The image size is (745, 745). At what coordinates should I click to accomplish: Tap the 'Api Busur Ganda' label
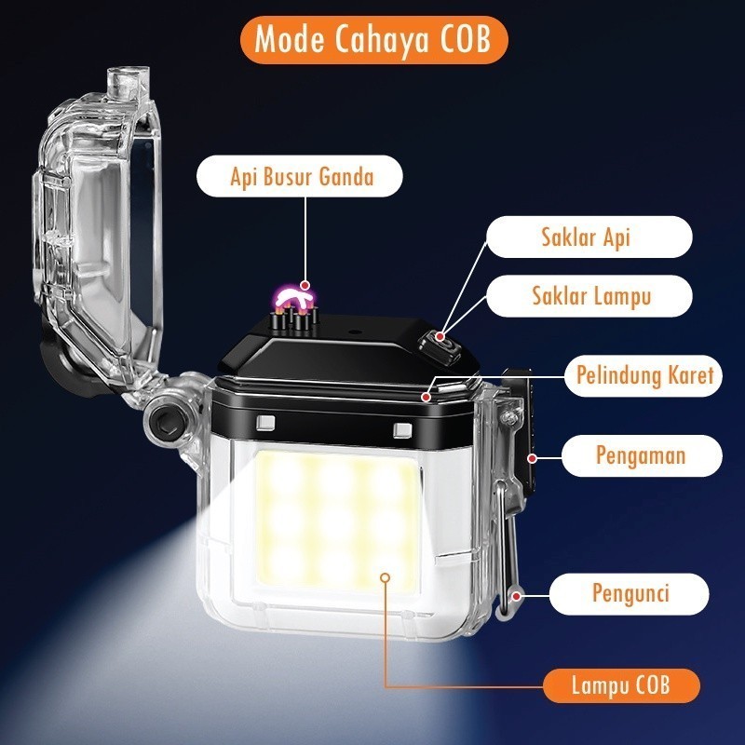click(x=302, y=176)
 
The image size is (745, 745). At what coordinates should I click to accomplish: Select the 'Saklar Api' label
click(x=586, y=237)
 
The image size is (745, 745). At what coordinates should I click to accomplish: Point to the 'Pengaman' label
click(x=640, y=455)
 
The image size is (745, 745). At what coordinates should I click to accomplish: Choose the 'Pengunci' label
click(x=630, y=591)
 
